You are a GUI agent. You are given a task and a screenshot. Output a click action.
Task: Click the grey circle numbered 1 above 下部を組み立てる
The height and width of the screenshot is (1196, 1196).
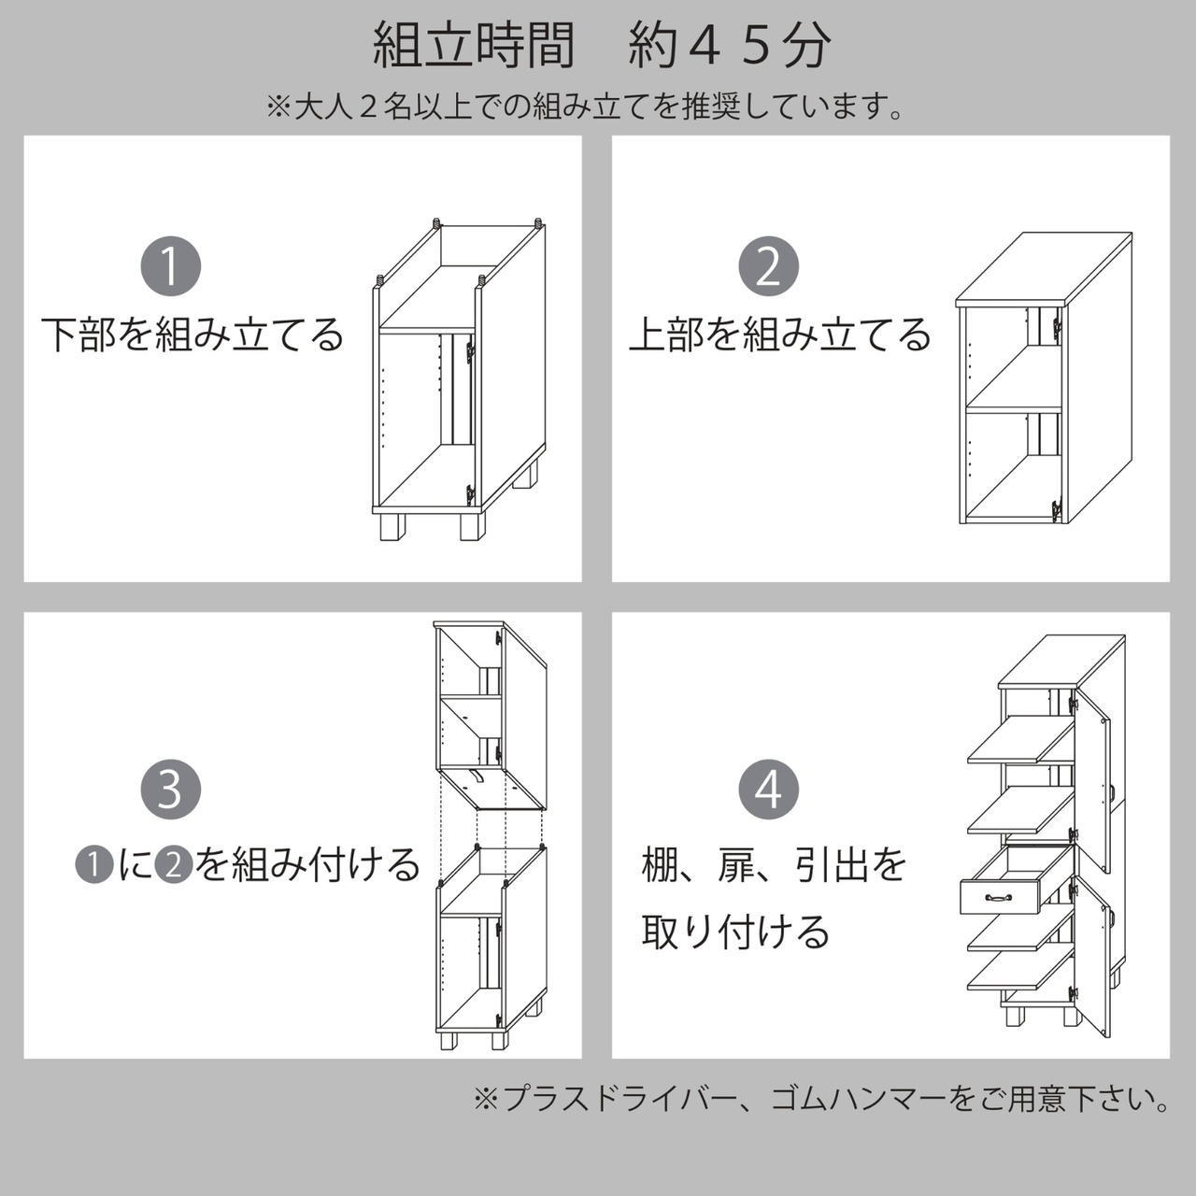click(171, 266)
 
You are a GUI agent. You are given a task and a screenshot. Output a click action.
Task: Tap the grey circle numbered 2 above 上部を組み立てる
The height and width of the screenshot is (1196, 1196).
click(769, 266)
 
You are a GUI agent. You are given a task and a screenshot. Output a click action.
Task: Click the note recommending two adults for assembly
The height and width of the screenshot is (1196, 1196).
click(586, 107)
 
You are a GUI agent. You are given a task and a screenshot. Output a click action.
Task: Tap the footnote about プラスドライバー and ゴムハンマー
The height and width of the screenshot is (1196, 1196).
click(822, 1098)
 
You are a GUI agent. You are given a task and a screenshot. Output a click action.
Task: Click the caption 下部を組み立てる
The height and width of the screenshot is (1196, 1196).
click(192, 335)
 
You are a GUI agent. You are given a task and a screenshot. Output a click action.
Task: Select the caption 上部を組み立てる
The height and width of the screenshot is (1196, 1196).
click(780, 335)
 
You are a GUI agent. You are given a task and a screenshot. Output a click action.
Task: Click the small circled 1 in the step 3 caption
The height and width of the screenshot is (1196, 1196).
click(93, 864)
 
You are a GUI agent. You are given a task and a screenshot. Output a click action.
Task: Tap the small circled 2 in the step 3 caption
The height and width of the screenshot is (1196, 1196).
click(173, 864)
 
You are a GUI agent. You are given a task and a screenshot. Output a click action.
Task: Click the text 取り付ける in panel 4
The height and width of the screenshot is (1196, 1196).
click(735, 932)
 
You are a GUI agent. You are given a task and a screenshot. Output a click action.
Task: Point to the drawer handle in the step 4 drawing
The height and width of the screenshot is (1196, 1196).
click(999, 897)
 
